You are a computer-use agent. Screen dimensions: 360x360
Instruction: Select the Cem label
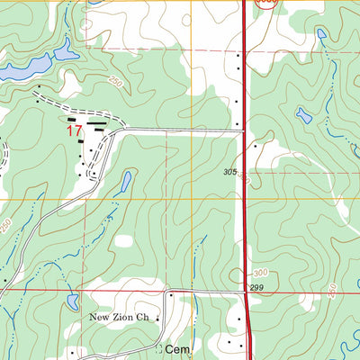[x=175, y=349]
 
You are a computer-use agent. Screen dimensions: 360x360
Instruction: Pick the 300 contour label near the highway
[x=261, y=273]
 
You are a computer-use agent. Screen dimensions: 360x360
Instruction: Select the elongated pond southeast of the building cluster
[x=125, y=183]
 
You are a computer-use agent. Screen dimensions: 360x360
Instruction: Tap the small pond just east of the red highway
[x=304, y=116]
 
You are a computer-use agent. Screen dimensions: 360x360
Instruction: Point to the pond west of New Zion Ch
[x=71, y=301]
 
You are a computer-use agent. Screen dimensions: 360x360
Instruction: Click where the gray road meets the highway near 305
[x=245, y=131]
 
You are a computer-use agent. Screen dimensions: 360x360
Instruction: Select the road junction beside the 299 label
[x=247, y=291]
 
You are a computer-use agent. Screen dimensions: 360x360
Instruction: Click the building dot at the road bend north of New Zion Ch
[x=170, y=293]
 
